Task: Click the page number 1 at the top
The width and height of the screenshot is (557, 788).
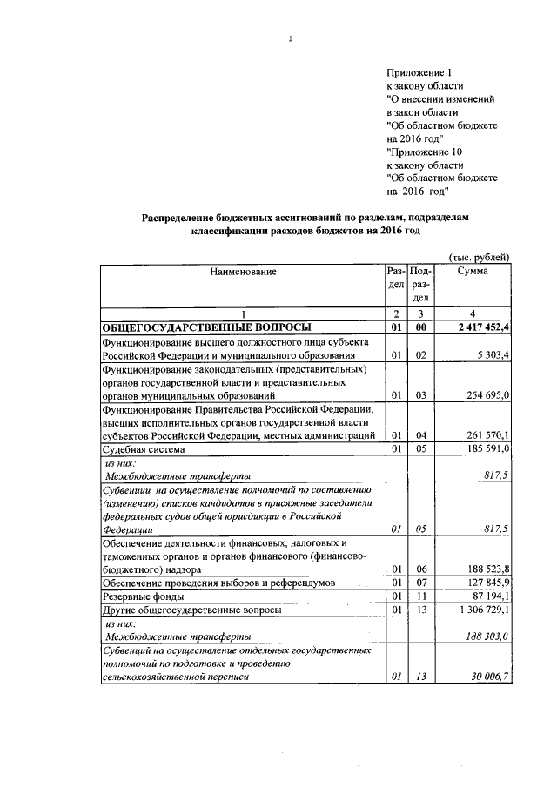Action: pyautogui.click(x=290, y=37)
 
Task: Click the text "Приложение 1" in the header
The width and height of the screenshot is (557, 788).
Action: pyautogui.click(x=416, y=72)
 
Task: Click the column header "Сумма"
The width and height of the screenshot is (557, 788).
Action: pyautogui.click(x=473, y=272)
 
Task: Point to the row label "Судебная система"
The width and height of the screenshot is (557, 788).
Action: pyautogui.click(x=143, y=449)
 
